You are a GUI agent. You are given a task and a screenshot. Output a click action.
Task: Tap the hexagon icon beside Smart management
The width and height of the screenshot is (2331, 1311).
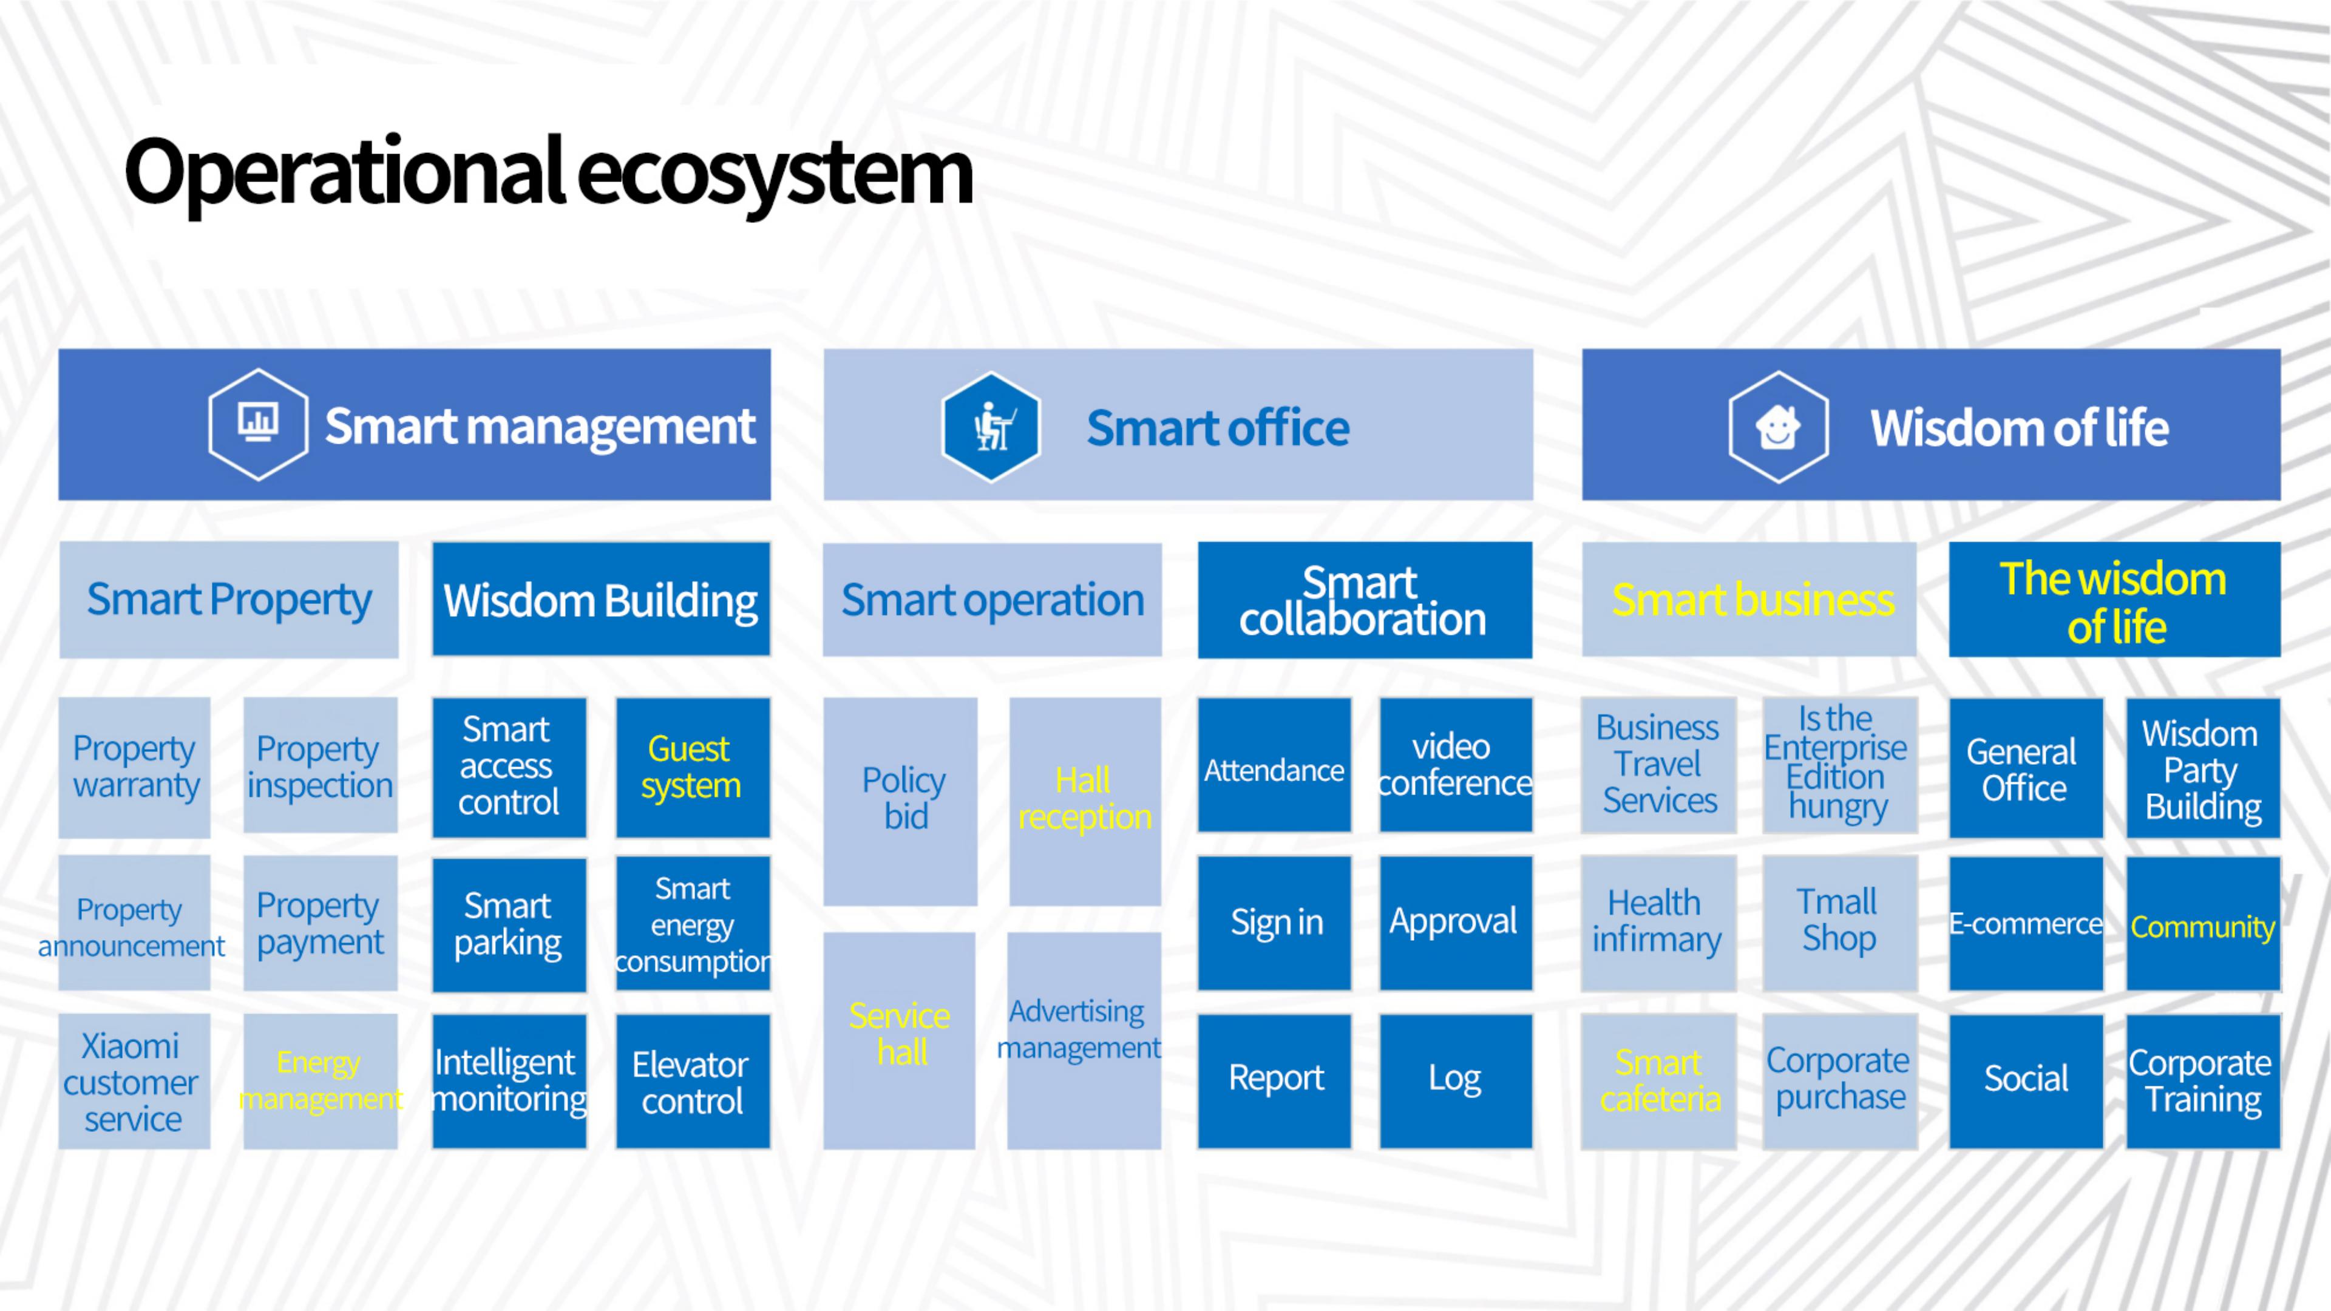click(x=258, y=424)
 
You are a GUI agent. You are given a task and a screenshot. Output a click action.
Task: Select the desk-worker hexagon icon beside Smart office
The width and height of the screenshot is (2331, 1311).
click(x=991, y=426)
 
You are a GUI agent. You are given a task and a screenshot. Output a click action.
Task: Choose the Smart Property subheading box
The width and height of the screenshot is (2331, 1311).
click(x=229, y=599)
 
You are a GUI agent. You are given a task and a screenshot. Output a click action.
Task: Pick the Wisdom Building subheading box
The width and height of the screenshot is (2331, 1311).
click(x=601, y=599)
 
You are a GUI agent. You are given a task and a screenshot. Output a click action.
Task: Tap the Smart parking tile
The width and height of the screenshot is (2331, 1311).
click(x=509, y=924)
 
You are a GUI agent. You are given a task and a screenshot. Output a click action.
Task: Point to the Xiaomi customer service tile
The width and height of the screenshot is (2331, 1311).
click(x=135, y=1081)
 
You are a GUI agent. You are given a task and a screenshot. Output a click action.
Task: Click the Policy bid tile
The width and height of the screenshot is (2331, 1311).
click(x=900, y=801)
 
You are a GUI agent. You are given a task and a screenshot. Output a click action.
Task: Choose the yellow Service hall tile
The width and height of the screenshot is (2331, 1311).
click(x=900, y=1040)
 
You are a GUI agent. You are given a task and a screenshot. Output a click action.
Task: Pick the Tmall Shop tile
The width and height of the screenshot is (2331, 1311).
click(x=1841, y=923)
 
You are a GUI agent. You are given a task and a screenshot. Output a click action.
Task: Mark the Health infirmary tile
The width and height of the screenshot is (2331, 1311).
click(x=1658, y=923)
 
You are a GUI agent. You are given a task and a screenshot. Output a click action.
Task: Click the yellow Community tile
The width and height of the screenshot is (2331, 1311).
click(x=2204, y=924)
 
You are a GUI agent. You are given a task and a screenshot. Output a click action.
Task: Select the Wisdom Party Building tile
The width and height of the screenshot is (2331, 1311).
click(x=2204, y=768)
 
